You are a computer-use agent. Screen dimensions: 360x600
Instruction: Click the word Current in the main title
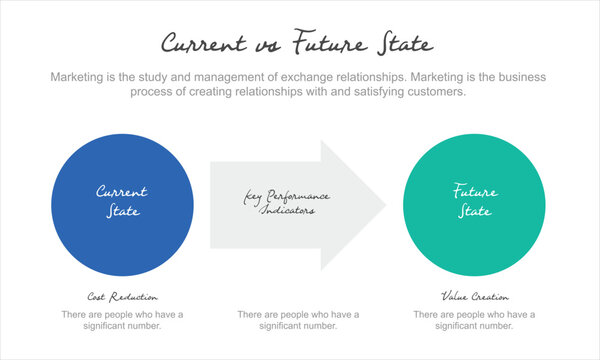204,44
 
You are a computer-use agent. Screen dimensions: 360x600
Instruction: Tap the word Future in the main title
326,44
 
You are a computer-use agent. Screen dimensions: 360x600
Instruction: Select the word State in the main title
405,44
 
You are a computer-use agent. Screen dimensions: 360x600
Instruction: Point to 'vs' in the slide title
265,46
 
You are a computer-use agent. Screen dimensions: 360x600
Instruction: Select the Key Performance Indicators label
287,203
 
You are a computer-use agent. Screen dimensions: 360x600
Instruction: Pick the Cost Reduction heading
122,297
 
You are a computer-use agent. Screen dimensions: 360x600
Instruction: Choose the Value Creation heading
474,297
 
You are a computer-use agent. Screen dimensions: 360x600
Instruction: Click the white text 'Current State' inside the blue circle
122,201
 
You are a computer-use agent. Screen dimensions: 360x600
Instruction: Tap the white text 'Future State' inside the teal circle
474,201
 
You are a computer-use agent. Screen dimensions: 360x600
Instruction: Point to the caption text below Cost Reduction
122,320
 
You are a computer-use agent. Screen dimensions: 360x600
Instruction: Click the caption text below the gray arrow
298,320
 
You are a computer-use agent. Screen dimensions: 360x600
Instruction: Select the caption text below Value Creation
474,320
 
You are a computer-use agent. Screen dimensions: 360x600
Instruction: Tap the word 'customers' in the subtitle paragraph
430,92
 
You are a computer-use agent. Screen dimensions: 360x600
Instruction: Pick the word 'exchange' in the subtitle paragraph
314,77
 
